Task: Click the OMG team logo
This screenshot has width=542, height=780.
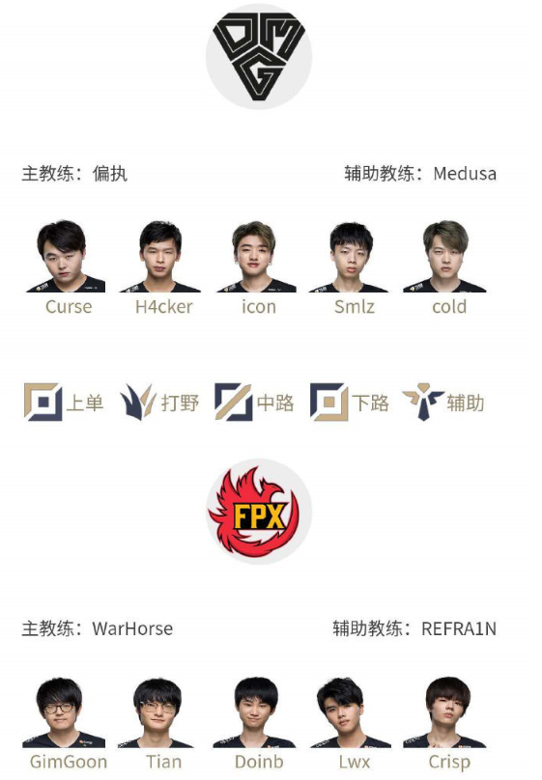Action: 259,56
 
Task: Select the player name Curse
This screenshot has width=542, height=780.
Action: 69,306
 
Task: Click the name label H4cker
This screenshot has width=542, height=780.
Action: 163,306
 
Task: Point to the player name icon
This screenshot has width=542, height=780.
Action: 259,306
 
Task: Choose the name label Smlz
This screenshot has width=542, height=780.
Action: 355,306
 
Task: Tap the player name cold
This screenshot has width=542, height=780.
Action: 449,306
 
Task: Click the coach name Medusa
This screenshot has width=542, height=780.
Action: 465,174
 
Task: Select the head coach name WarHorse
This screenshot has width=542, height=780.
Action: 132,628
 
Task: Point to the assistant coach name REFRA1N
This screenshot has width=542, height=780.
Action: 459,628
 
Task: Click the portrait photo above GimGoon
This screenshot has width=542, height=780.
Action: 64,712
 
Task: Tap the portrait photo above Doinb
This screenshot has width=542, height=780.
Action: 255,712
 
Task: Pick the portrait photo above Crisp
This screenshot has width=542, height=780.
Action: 445,712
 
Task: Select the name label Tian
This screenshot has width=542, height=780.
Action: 163,762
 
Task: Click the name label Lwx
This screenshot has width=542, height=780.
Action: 355,762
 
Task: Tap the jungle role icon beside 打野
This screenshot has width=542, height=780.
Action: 138,402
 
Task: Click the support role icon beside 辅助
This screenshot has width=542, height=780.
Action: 423,402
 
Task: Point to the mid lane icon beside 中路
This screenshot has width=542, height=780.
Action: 233,402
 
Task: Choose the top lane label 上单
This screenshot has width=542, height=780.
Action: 85,403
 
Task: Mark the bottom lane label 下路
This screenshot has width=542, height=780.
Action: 370,403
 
